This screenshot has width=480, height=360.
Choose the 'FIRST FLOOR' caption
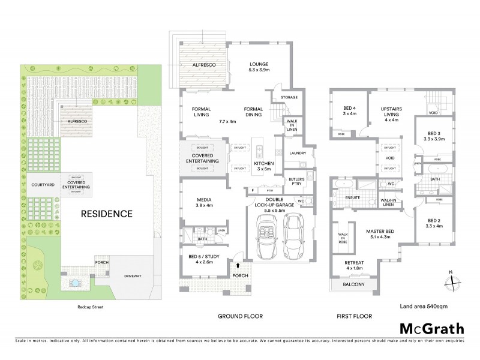(x=355, y=316)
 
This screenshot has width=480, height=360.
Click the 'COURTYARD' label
(x=42, y=184)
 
